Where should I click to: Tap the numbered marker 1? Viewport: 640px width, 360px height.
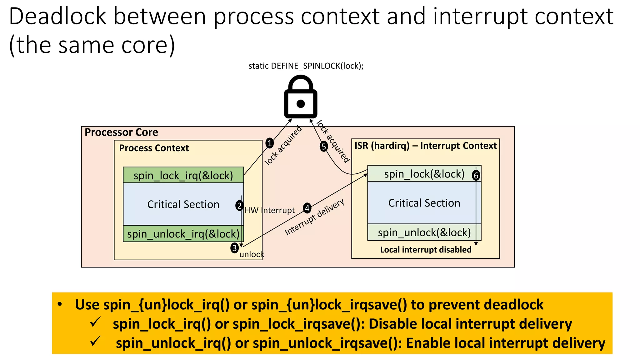pos(269,143)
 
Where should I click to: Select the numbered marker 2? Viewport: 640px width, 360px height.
pos(239,206)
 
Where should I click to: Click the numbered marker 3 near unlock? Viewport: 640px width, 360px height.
pos(234,248)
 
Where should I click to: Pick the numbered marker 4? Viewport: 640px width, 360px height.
pos(307,208)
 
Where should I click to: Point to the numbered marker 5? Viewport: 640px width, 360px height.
pos(324,146)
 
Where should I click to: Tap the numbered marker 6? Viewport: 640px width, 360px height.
pos(476,175)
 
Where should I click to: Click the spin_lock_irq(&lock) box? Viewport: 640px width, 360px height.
pos(183,175)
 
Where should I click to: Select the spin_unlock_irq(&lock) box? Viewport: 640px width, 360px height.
pos(183,234)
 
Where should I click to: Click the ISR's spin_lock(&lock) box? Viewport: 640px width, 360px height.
pos(424,174)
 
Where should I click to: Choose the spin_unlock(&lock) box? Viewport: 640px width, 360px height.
pos(424,232)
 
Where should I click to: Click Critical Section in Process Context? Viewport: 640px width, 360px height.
pos(183,204)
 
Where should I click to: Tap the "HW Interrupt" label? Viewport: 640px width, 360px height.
pos(270,210)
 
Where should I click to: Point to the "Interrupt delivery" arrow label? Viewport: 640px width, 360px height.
pos(315,217)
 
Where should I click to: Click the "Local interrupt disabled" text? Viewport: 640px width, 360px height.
pos(426,250)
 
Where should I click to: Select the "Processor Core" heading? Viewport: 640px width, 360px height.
pos(121,132)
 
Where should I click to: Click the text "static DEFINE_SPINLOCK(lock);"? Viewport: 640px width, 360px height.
pos(306,66)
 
